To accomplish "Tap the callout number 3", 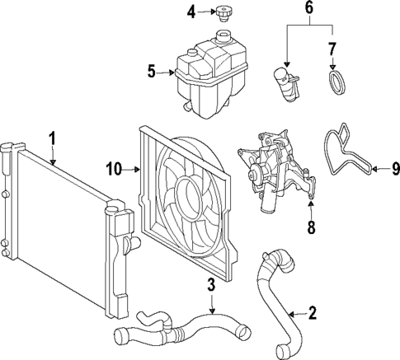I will (211, 286).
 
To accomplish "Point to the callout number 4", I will (191, 12).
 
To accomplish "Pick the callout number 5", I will (152, 72).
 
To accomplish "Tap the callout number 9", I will (394, 170).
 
